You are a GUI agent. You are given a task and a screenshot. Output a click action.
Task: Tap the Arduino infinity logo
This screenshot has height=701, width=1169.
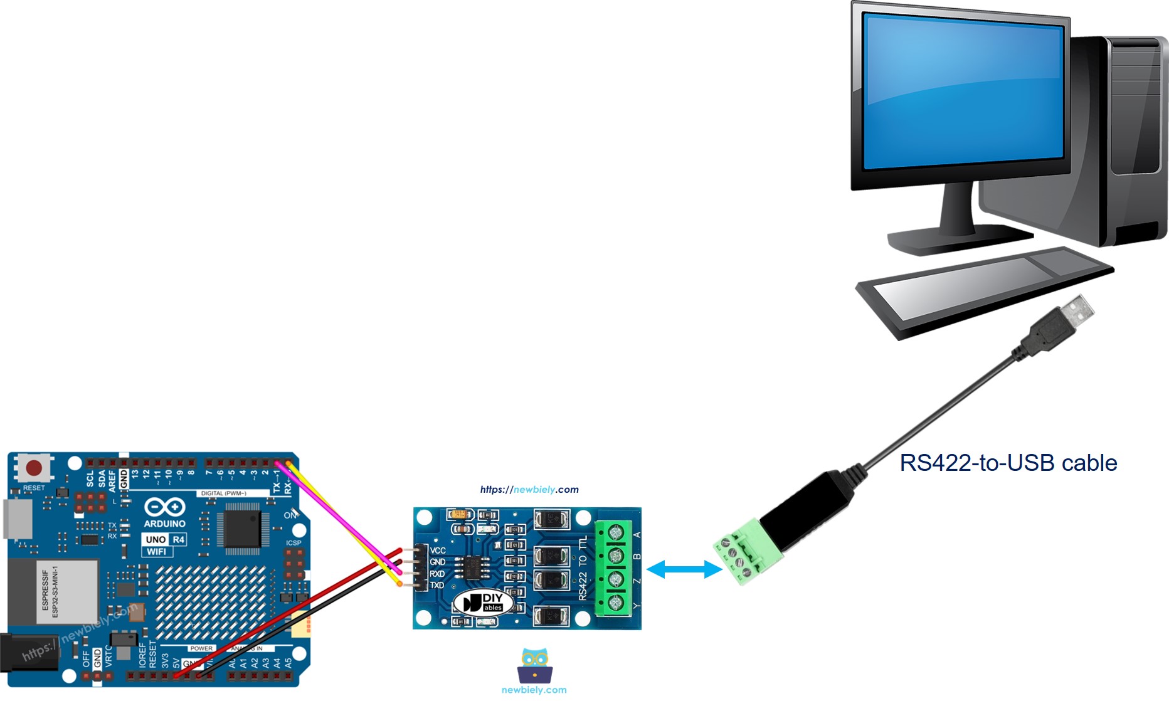click(165, 507)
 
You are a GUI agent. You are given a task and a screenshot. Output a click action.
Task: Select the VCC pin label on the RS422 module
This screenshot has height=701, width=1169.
click(438, 551)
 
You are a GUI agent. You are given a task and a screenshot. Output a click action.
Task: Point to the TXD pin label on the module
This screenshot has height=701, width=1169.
click(437, 586)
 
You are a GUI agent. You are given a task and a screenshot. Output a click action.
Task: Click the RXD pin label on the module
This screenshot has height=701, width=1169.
click(437, 574)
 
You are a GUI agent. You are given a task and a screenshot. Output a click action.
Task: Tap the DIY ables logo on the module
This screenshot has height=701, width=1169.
click(483, 603)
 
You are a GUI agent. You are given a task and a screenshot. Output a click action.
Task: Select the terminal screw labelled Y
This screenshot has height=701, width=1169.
click(616, 603)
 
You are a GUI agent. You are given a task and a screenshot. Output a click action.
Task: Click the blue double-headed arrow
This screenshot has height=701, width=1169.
click(684, 569)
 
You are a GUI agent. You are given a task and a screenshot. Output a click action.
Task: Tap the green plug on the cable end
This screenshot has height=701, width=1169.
click(746, 552)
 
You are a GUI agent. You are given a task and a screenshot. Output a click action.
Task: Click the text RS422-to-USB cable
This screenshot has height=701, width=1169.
click(1008, 463)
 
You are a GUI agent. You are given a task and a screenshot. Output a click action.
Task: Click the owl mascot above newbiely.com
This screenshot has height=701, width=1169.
click(534, 666)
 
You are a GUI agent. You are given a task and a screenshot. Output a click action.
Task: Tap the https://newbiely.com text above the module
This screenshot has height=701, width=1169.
click(529, 490)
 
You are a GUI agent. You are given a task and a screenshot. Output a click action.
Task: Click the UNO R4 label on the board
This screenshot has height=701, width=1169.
click(165, 539)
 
